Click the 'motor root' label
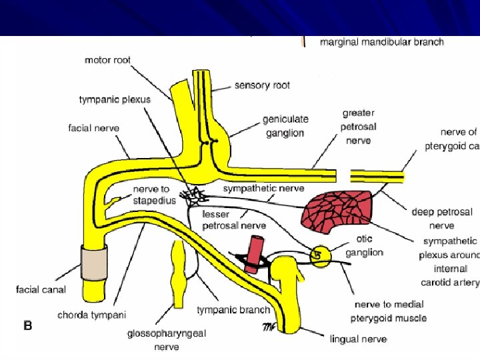107,60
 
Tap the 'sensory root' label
262,85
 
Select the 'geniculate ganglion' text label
285,126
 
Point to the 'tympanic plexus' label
115,99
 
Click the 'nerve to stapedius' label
154,195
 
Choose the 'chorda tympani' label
91,314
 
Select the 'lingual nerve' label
358,339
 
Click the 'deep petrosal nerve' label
441,219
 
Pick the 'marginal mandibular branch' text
381,42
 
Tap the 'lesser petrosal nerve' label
234,219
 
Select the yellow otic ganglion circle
320,255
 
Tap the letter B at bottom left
28,326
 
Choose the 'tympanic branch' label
233,309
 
